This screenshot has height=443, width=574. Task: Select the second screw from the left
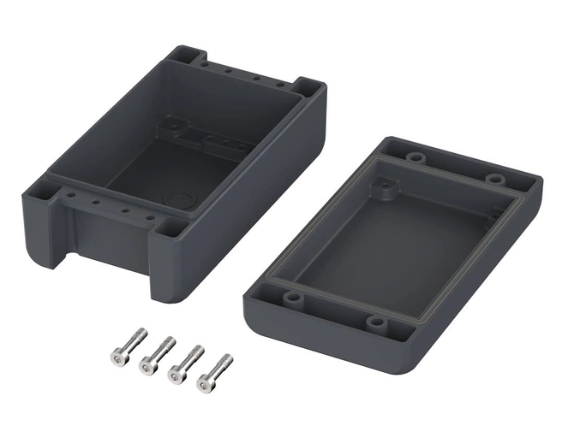coord(155,352)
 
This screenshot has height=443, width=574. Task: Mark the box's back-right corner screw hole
coord(306,87)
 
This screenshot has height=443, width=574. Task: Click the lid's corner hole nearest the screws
coord(291,298)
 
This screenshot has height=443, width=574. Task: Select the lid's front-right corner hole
coord(376,322)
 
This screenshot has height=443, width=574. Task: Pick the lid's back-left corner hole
coord(416,158)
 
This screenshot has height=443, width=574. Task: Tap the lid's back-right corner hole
coord(496,179)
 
